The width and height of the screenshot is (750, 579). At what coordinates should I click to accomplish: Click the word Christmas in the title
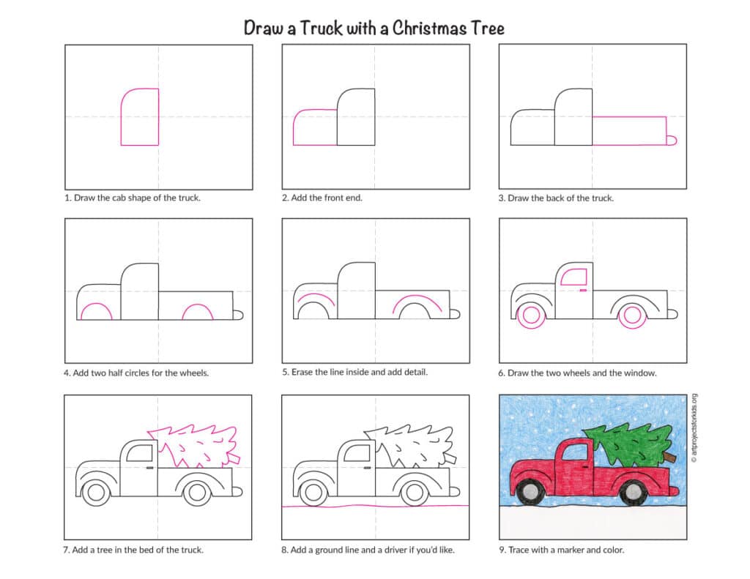[429, 29]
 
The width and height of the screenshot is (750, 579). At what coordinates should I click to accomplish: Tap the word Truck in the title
[321, 29]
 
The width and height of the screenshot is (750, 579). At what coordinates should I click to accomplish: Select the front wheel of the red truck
[530, 491]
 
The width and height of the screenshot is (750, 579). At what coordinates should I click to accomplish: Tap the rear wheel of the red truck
[634, 492]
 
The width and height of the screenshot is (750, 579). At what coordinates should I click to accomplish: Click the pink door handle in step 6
[583, 290]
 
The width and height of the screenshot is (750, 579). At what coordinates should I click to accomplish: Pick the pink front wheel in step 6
[531, 315]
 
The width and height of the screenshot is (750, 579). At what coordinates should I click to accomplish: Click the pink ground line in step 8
[376, 506]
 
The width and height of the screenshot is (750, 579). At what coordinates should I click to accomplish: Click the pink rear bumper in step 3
[672, 140]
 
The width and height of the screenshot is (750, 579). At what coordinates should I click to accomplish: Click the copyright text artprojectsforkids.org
[694, 427]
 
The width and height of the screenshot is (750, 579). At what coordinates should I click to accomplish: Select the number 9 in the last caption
[502, 550]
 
